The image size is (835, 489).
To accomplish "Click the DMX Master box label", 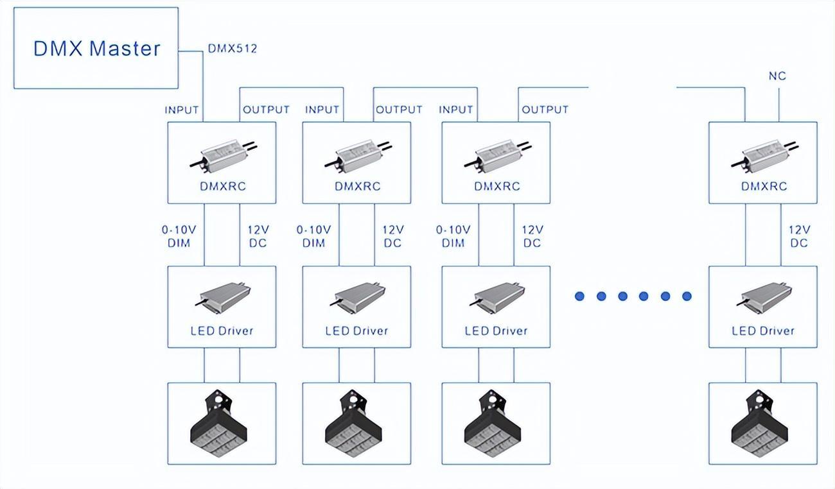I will coord(96,49).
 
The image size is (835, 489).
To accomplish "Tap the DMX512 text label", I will coord(232,49).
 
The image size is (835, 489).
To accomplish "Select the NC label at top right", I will coord(777,76).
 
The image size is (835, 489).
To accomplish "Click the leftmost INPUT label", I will coord(182,110).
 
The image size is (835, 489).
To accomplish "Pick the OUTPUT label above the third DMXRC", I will coord(545,110).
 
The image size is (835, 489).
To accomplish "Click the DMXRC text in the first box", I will coord(222,187).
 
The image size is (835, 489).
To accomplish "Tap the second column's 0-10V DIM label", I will coord(313,236).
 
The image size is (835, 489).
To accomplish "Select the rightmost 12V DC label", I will coord(799,236).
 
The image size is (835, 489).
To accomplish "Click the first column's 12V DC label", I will coord(258,236).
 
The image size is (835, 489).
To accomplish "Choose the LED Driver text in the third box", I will coord(496,331).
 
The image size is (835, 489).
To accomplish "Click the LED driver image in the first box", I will coord(222,296).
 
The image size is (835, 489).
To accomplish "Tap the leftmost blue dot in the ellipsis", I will coord(579,296).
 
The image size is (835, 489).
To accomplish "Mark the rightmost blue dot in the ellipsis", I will coord(687,296).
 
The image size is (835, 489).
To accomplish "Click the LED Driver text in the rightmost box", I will coord(763,331).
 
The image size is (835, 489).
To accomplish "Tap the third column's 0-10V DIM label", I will coord(453,236).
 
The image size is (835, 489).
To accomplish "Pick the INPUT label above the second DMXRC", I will coord(322,110).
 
